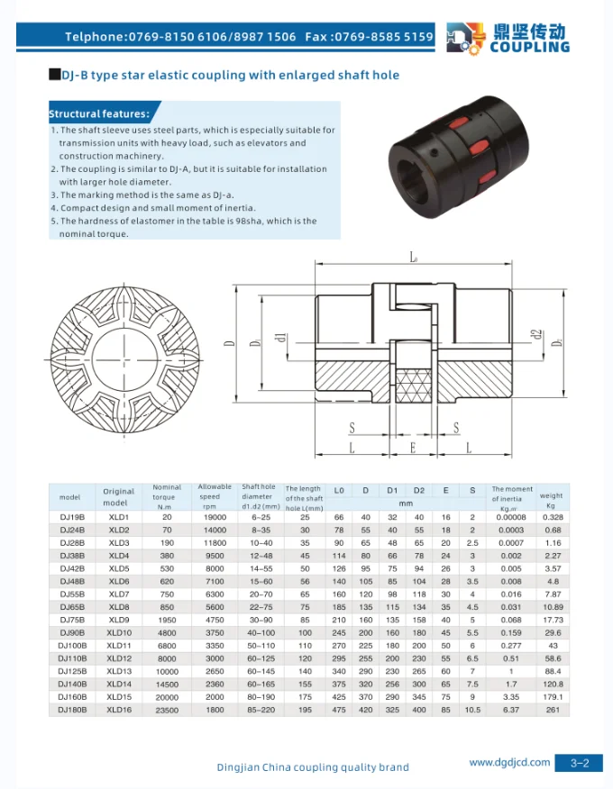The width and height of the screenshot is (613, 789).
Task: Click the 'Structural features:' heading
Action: coord(99,114)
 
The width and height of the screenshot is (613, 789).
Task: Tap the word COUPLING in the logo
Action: coord(529,47)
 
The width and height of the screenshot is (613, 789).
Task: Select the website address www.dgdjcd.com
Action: coord(509,762)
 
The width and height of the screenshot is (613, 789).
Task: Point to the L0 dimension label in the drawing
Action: coord(414,258)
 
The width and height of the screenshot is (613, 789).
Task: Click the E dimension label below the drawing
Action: coord(412,447)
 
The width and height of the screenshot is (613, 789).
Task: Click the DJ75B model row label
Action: coord(72,620)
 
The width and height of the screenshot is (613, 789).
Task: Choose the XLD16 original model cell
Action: coord(119,710)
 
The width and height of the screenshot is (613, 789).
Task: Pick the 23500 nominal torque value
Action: coord(166,710)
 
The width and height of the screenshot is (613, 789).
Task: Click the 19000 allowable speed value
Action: coord(214,518)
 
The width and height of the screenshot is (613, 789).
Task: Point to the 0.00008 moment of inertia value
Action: coord(511,518)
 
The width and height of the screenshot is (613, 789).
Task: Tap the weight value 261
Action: coord(552,710)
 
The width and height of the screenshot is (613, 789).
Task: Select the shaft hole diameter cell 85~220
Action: coord(257,710)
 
